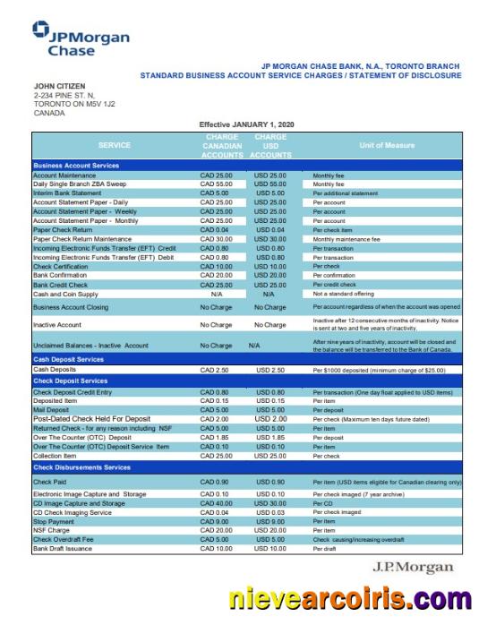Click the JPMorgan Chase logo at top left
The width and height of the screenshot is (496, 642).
point(75,40)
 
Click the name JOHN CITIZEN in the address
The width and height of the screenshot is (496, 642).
point(61,86)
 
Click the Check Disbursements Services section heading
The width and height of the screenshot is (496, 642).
point(81,467)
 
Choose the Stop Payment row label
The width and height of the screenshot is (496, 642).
point(54,519)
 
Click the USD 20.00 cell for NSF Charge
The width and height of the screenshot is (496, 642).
point(269,527)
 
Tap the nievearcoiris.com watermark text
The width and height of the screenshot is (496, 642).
point(348,598)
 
